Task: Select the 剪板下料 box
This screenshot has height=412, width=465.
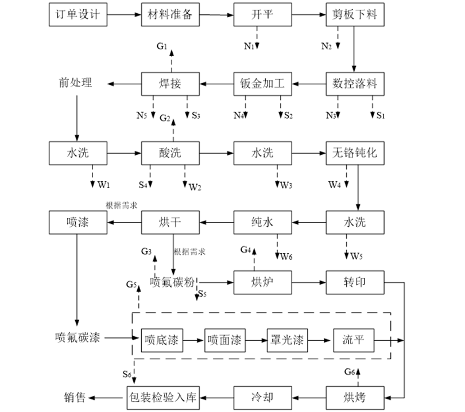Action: pyautogui.click(x=354, y=15)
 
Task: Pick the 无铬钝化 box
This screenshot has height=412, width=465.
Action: pyautogui.click(x=354, y=153)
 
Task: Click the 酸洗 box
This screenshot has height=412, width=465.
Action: pyautogui.click(x=170, y=153)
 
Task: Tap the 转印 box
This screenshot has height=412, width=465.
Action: pyautogui.click(x=354, y=282)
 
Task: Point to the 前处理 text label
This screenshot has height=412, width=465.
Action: pyautogui.click(x=75, y=83)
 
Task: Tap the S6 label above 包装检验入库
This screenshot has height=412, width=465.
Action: pyautogui.click(x=127, y=374)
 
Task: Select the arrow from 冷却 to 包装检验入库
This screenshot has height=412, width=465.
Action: pyautogui.click(x=217, y=397)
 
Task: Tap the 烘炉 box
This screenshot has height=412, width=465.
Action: pyautogui.click(x=262, y=282)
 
